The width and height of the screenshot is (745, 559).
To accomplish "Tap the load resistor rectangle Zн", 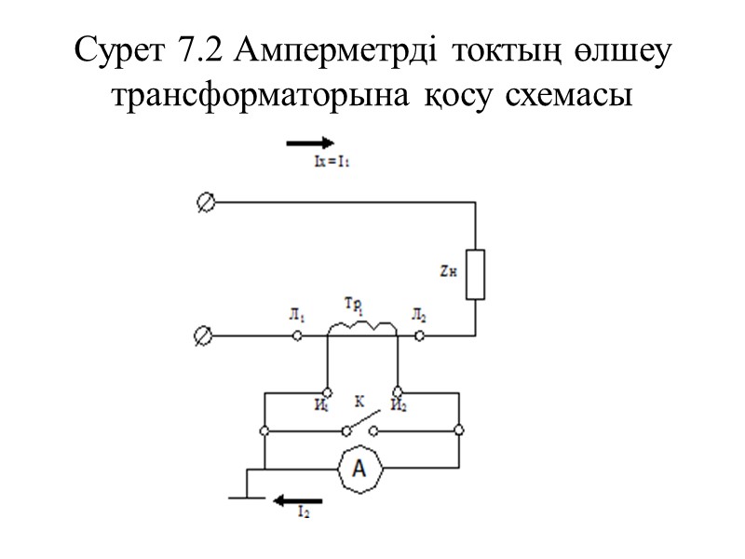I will [475, 274].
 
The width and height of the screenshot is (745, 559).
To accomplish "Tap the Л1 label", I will [295, 318].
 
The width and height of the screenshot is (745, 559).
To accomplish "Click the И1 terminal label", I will [321, 404].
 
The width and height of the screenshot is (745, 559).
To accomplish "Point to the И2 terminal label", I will [398, 404].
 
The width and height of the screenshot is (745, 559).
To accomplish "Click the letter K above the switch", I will [359, 402].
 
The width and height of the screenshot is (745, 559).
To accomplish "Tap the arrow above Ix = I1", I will [309, 143].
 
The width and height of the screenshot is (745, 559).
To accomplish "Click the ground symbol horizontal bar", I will [246, 498].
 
